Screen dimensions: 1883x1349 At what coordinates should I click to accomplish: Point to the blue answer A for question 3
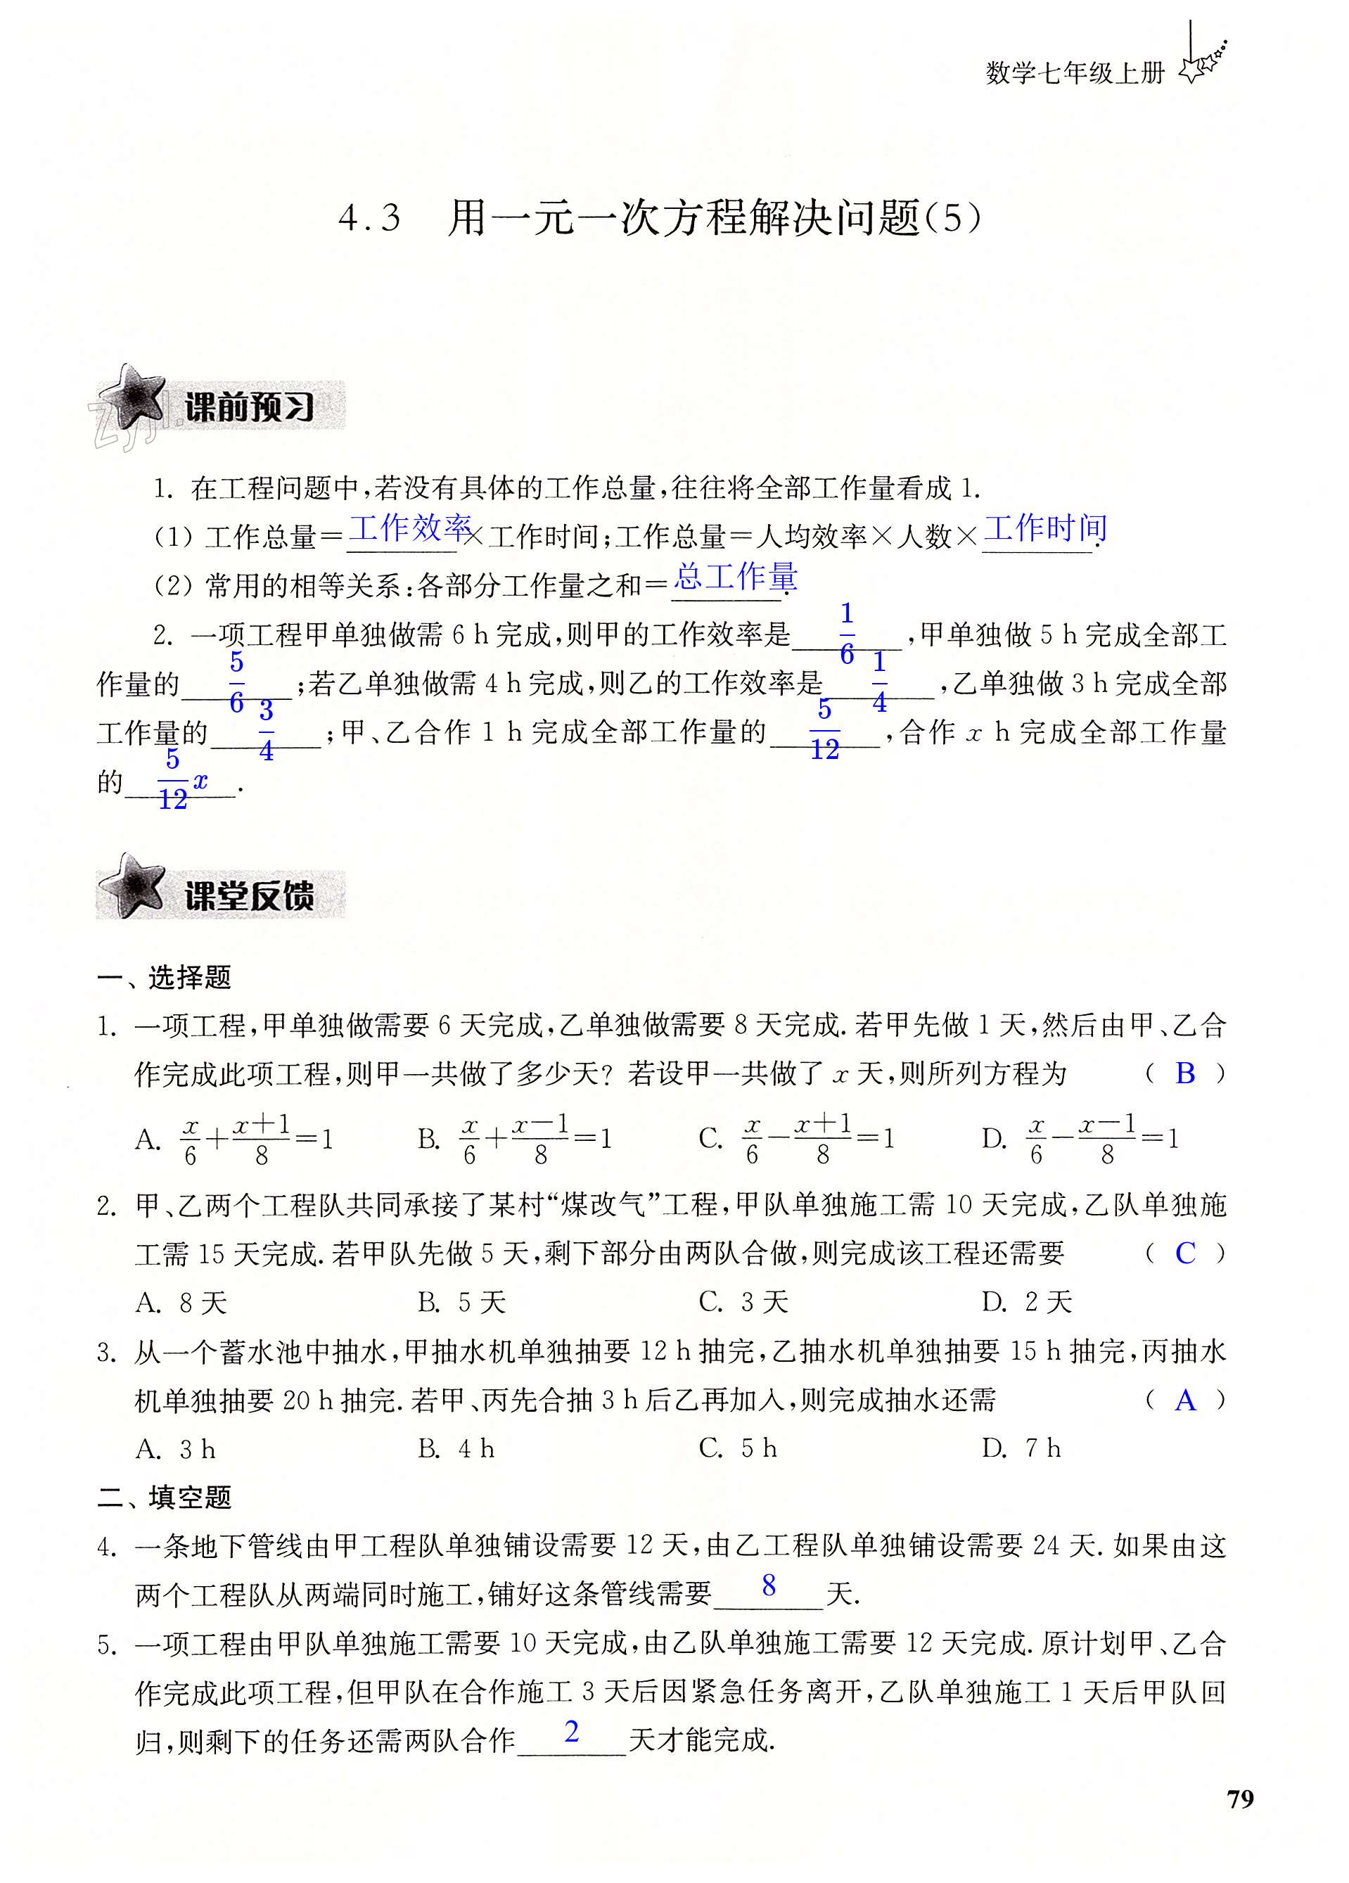pos(1184,1400)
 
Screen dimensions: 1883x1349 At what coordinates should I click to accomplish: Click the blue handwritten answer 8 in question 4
pos(769,1585)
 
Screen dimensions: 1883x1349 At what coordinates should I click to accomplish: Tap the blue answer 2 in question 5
pos(571,1731)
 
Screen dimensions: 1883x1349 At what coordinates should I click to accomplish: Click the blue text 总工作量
pos(736,576)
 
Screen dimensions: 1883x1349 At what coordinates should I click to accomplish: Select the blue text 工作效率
pos(410,528)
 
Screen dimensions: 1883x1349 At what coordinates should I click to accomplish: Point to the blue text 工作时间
pos(1045,528)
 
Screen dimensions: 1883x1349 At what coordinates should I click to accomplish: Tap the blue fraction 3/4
pos(266,732)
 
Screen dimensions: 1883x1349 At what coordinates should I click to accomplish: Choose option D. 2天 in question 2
pos(1027,1302)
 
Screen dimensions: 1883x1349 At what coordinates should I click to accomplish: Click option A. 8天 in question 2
pos(181,1303)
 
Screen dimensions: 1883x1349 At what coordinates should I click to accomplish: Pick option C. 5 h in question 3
pos(738,1449)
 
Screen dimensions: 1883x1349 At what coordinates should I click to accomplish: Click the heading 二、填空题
pos(164,1497)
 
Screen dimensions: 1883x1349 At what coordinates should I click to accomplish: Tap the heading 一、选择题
pos(164,977)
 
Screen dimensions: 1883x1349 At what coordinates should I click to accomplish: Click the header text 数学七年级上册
pos(1075,74)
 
